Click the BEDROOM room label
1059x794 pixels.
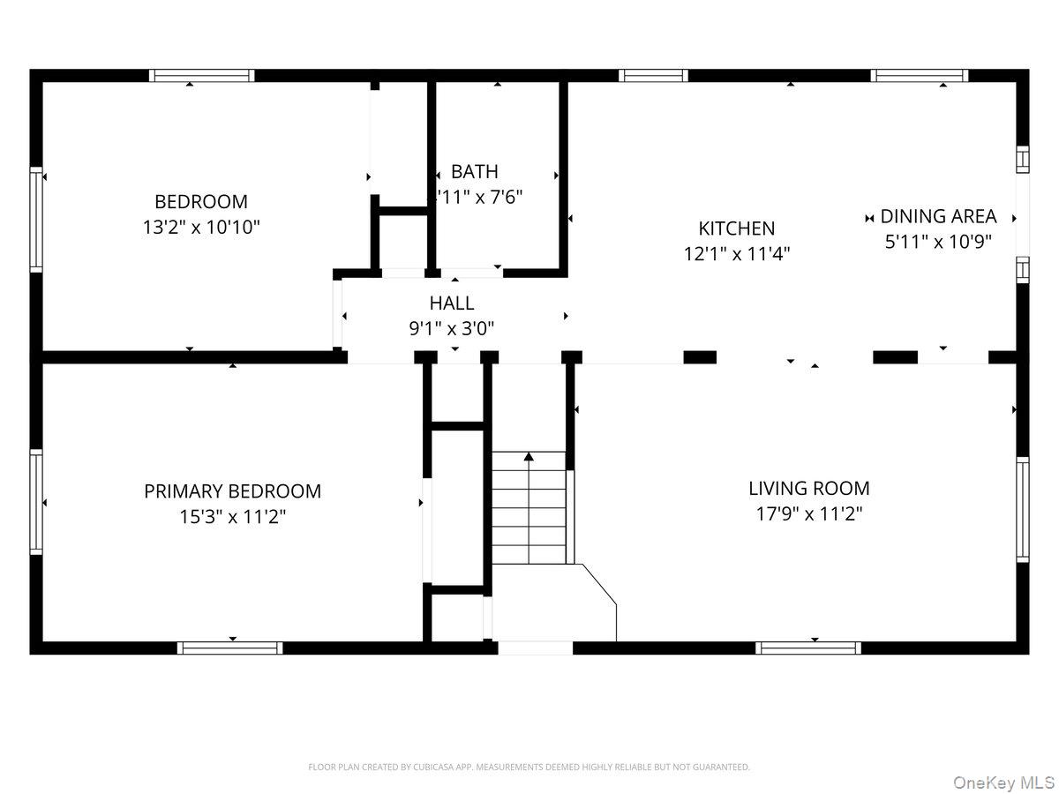point(201,201)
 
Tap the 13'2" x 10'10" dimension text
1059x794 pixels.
point(201,228)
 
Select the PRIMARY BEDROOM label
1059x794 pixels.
point(232,491)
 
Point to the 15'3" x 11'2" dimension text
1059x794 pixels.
point(232,517)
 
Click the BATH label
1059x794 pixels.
point(475,171)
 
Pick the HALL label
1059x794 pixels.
point(452,303)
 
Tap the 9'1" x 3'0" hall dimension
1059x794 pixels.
point(452,329)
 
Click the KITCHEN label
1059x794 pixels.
point(736,228)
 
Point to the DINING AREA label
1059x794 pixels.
point(938,216)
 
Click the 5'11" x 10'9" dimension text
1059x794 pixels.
point(938,242)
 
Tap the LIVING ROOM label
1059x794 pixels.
point(808,488)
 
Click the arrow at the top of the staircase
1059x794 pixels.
point(529,456)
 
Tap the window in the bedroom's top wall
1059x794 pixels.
point(202,76)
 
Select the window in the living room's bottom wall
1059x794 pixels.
point(808,648)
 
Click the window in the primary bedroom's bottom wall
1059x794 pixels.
point(230,648)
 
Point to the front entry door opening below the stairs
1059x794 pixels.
point(536,648)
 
